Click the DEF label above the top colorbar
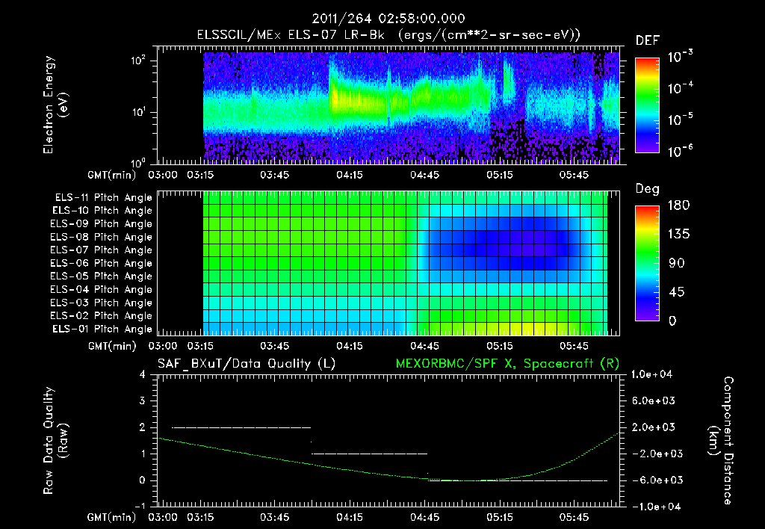647,40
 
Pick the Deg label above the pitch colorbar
647,189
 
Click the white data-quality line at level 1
369,454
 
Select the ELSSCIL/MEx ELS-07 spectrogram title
388,34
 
